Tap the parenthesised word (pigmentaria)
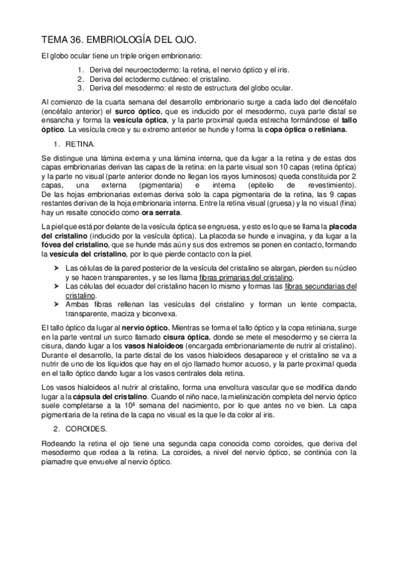162,187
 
